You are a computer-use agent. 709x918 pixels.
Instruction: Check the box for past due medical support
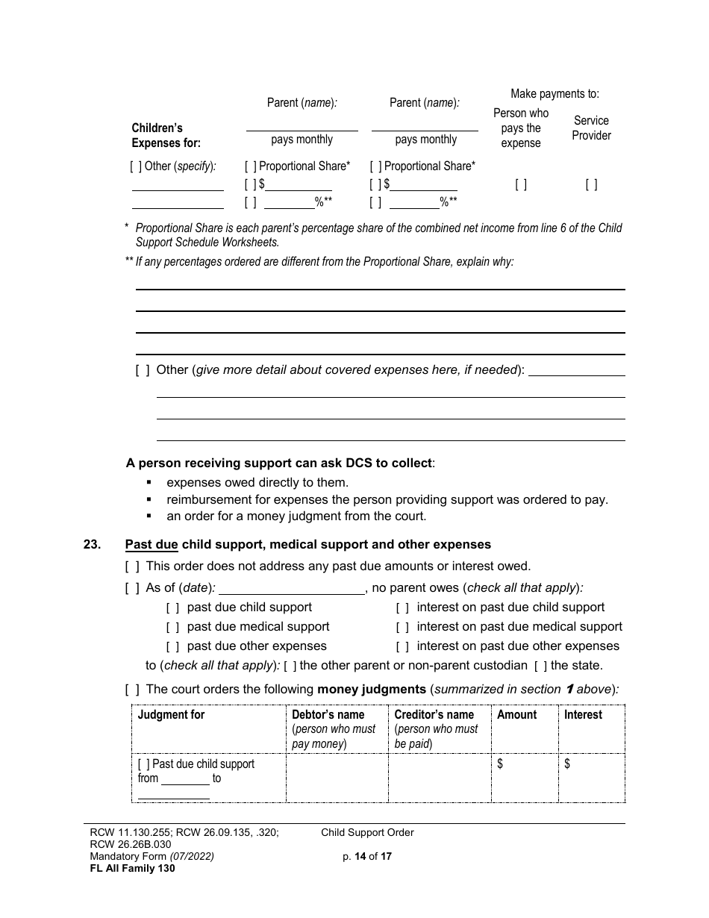click(x=172, y=627)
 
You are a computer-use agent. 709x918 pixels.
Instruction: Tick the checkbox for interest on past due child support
click(x=402, y=608)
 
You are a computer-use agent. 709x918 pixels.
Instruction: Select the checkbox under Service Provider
click(x=591, y=184)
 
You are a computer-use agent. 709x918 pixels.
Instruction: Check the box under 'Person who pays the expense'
click(x=521, y=184)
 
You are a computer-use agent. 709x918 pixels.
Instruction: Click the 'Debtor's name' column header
click(x=328, y=715)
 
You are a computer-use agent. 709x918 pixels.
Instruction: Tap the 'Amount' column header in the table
click(x=516, y=715)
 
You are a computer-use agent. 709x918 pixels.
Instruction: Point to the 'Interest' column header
click(x=583, y=715)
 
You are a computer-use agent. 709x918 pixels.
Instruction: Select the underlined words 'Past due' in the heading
click(x=152, y=545)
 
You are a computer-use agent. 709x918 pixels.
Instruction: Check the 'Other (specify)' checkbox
click(x=136, y=166)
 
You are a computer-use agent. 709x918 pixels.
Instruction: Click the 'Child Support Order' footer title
click(x=367, y=833)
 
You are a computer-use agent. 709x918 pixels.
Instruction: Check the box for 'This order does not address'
click(x=132, y=566)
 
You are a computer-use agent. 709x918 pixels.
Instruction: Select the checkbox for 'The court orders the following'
click(x=132, y=690)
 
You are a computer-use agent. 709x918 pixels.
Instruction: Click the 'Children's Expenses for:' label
click(x=166, y=135)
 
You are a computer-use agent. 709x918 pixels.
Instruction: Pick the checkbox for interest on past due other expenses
click(x=402, y=646)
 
